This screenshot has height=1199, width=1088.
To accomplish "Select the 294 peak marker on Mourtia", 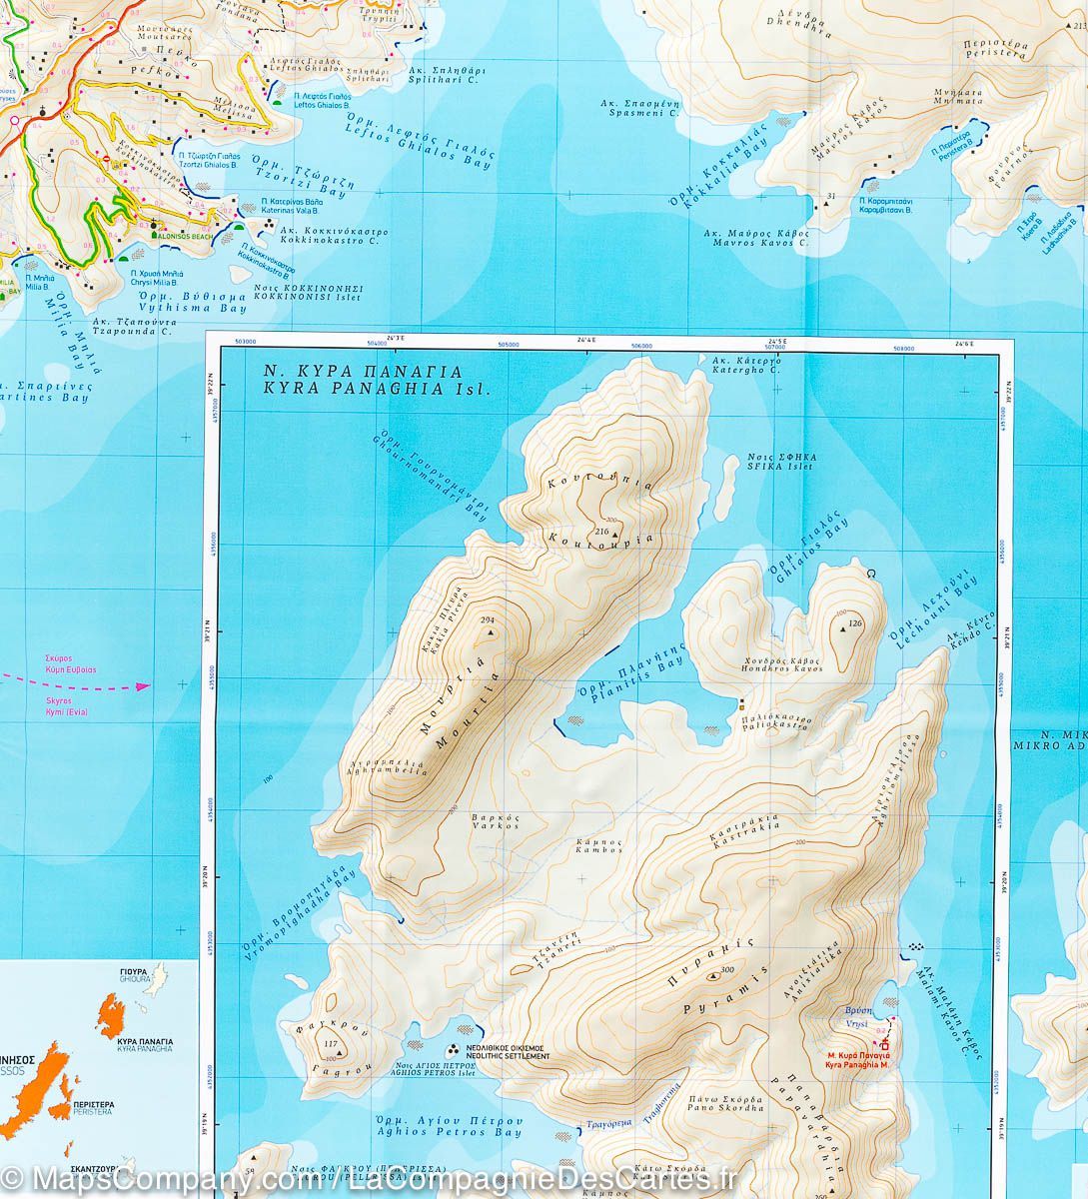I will click(x=488, y=621).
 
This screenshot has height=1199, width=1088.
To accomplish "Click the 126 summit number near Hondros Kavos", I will click(x=853, y=624).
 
